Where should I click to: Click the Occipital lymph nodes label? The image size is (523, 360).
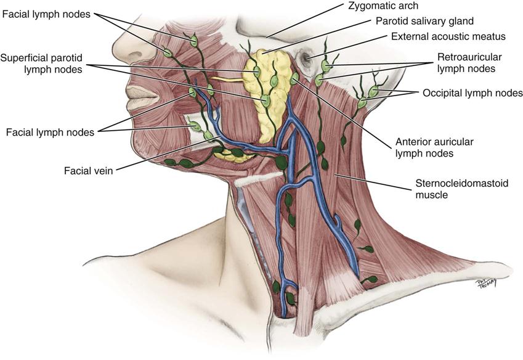click(x=472, y=94)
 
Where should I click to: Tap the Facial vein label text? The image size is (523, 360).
click(x=87, y=168)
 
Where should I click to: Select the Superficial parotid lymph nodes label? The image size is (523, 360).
click(x=42, y=63)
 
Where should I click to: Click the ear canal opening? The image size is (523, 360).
click(x=306, y=59)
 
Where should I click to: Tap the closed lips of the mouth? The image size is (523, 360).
click(x=139, y=93)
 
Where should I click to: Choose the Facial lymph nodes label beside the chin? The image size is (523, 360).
click(x=50, y=132)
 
